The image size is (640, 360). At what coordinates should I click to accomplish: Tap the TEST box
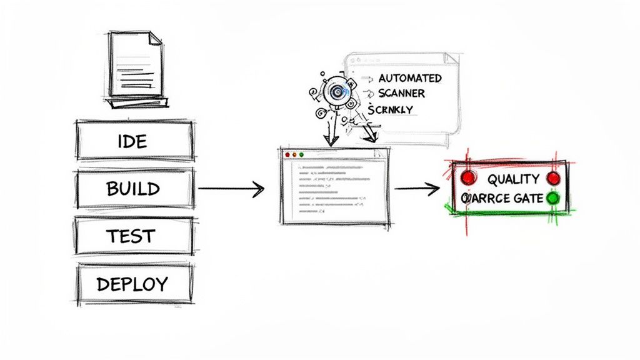click(x=133, y=236)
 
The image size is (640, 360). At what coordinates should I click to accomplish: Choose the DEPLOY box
click(x=133, y=284)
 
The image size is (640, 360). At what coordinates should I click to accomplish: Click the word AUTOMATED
click(x=410, y=79)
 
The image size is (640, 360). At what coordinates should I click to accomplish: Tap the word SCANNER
click(x=401, y=94)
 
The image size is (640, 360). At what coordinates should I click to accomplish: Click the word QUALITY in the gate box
click(x=513, y=179)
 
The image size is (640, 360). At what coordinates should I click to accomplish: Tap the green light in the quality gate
click(x=552, y=199)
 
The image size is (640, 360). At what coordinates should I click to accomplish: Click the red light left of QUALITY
click(x=467, y=178)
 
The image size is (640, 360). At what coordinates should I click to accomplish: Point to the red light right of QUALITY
click(x=553, y=179)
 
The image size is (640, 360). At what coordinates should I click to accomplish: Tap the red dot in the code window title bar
click(x=287, y=154)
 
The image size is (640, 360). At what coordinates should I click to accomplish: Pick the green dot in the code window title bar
click(x=301, y=154)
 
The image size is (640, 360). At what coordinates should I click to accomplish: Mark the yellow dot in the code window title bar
click(x=294, y=154)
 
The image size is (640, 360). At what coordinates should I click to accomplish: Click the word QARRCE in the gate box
click(x=486, y=199)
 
